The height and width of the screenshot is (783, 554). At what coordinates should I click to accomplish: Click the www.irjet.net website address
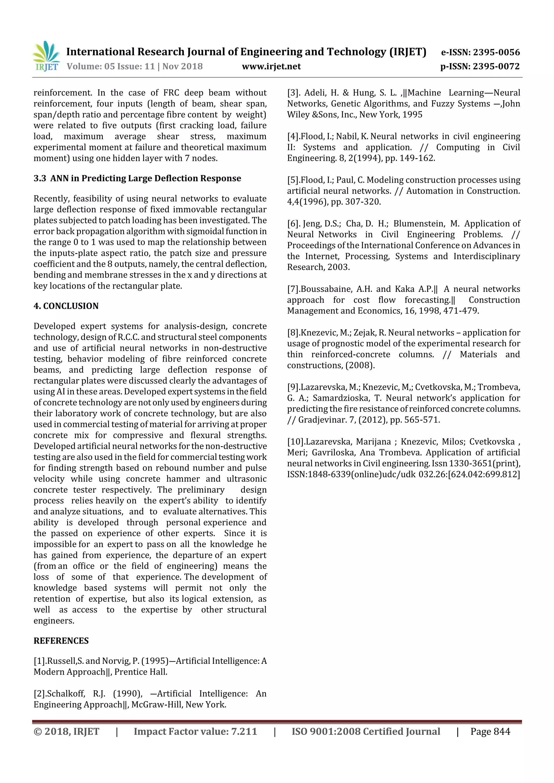pyautogui.click(x=271, y=66)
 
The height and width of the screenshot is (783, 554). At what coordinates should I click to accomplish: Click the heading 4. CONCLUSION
pyautogui.click(x=66, y=306)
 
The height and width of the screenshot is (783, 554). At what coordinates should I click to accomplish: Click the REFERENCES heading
pyautogui.click(x=61, y=641)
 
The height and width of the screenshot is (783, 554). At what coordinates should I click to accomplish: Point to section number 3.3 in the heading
pyautogui.click(x=39, y=178)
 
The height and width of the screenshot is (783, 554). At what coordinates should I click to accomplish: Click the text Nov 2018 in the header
pyautogui.click(x=182, y=66)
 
